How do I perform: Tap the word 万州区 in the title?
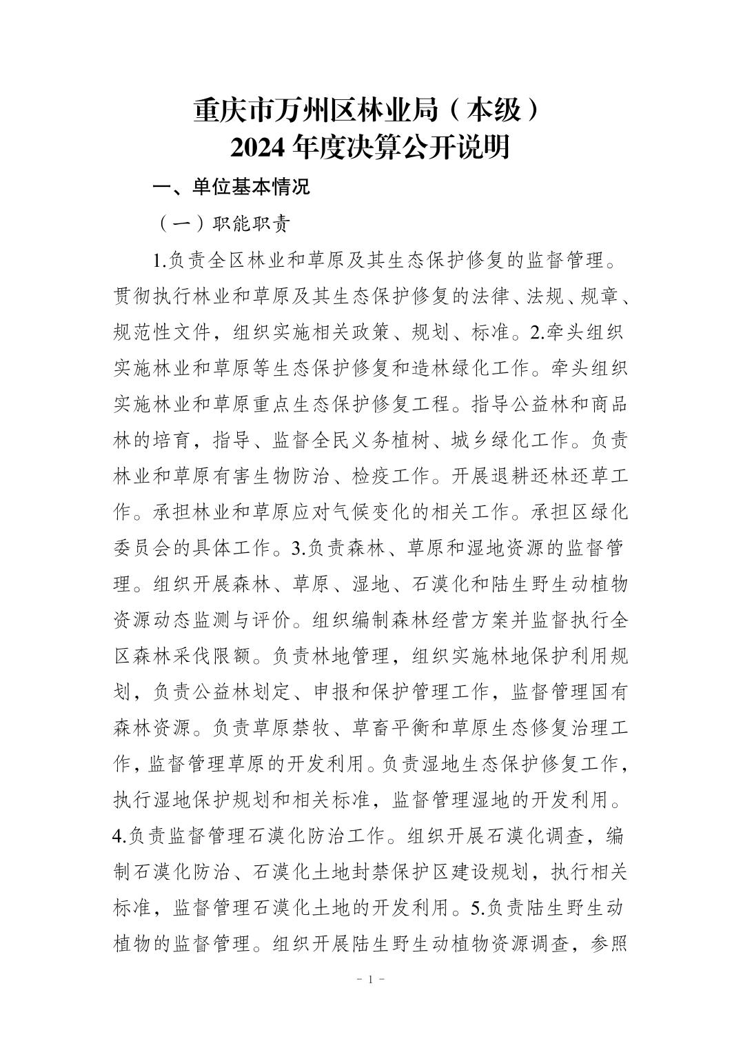(x=304, y=110)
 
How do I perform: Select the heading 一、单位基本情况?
(x=231, y=187)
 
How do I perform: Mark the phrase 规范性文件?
(x=160, y=333)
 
